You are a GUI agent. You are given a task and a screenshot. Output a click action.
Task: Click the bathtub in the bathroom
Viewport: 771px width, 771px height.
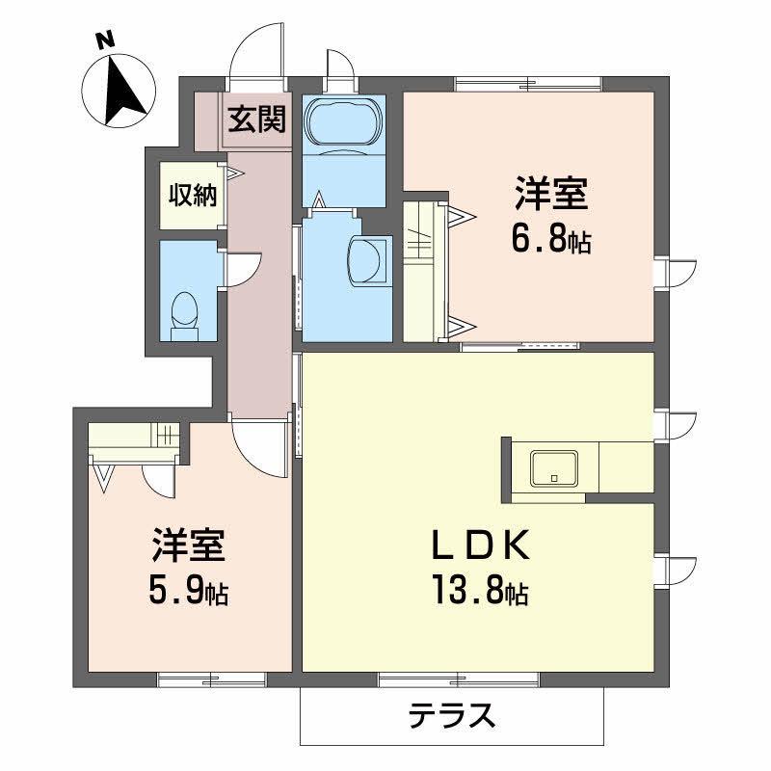click(343, 124)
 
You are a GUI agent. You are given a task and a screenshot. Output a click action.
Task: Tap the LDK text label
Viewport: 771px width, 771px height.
click(479, 548)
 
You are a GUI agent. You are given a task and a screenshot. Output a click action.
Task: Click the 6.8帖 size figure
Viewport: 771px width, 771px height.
click(551, 240)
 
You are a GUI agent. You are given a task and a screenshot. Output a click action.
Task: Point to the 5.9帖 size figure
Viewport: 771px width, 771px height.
click(189, 590)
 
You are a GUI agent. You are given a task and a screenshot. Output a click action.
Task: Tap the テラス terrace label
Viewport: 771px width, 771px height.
click(453, 716)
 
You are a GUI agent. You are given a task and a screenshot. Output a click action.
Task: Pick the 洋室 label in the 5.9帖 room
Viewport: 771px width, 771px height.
click(189, 545)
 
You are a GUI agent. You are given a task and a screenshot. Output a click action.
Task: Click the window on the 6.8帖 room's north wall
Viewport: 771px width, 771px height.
click(528, 82)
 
